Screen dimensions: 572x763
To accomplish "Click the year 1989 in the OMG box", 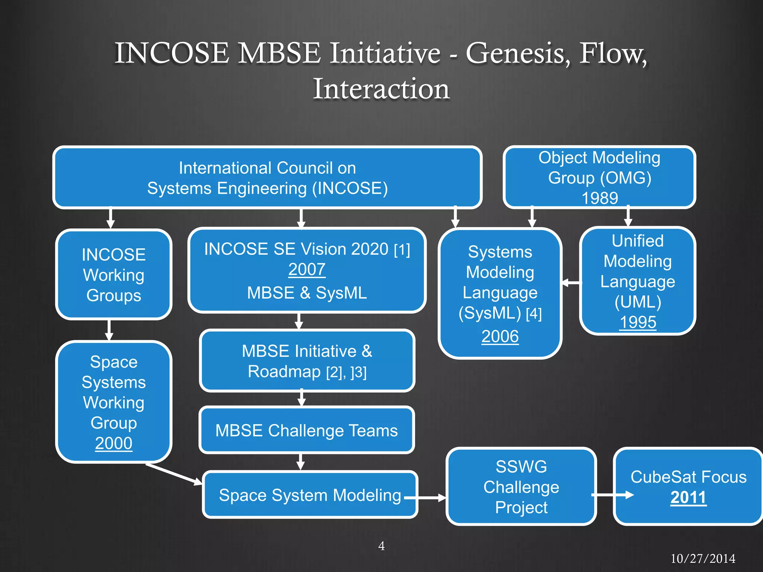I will point(599,198).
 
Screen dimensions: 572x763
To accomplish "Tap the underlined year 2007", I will point(307,269).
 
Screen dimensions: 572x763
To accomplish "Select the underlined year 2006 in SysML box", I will point(500,336).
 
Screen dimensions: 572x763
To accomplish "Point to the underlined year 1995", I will point(637,322).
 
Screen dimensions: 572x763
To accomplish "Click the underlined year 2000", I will point(114,443).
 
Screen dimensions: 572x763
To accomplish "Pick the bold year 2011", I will point(688,498).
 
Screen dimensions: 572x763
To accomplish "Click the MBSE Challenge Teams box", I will point(307,430).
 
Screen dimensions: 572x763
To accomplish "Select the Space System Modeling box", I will point(310,495).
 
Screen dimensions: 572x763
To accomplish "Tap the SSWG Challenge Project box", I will point(521,487).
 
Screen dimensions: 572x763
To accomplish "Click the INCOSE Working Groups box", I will point(114,275).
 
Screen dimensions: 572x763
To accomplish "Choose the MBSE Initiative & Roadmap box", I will point(307,361).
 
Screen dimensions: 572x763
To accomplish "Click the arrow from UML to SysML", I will point(571,283).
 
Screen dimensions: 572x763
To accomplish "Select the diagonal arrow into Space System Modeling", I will point(173,474).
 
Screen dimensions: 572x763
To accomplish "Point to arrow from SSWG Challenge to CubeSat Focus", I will point(613,495).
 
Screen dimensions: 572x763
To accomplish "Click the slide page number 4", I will point(381,546).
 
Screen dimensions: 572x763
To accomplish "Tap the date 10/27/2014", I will point(703,559).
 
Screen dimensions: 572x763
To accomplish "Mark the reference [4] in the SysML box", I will point(534,314).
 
